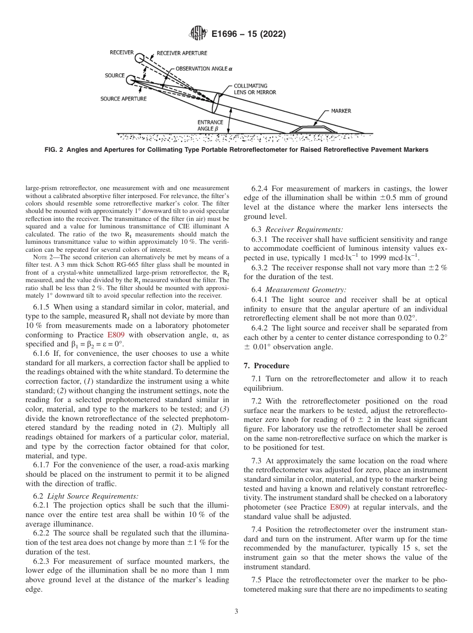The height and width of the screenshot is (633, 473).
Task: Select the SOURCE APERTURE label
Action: pos(123,99)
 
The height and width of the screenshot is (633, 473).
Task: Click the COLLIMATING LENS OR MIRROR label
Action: pos(255,89)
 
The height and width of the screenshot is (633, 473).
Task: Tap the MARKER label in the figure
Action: pos(341,111)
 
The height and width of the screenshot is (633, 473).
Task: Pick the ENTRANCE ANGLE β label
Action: pos(210,125)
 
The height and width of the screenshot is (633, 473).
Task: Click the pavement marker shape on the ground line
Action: pos(312,129)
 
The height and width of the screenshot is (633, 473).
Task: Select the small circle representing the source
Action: pos(130,80)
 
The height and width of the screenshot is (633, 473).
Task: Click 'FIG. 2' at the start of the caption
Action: pos(54,150)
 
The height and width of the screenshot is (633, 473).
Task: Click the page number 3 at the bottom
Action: pos(236,612)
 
